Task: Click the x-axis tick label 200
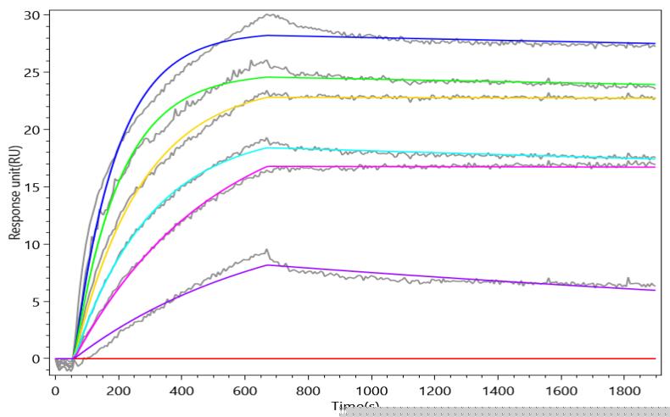[119, 391]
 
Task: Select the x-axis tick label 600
[245, 391]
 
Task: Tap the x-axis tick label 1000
[371, 391]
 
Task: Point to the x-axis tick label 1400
[498, 391]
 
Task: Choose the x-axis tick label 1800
[624, 391]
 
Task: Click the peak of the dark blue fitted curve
[268, 36]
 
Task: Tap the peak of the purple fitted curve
[268, 265]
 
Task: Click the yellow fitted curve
[424, 97]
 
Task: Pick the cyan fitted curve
[424, 153]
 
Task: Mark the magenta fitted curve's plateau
[424, 166]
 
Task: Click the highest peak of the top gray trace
[270, 14]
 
